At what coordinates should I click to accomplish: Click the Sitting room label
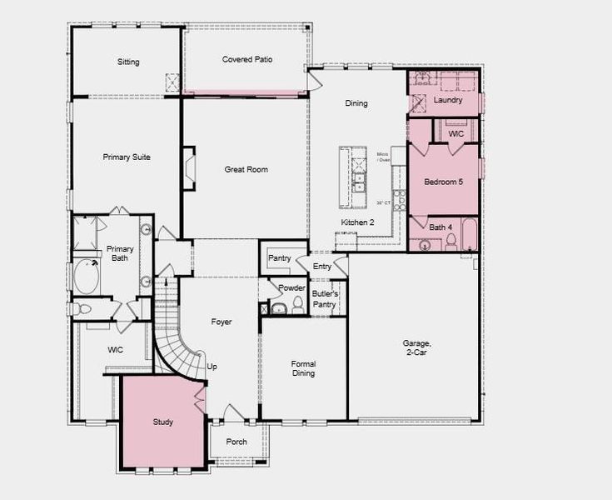pos(128,62)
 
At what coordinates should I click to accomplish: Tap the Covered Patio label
pos(247,60)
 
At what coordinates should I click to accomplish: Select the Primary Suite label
pos(127,157)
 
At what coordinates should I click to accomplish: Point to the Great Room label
pos(246,170)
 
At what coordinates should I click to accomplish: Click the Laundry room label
pos(448,101)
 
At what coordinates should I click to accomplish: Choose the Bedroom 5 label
pos(443,182)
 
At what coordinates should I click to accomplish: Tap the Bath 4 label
pos(440,227)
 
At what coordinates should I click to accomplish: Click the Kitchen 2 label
pos(358,222)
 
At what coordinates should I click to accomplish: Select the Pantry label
pos(280,258)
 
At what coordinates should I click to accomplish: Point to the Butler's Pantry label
pos(324,299)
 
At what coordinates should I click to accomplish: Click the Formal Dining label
pos(303,368)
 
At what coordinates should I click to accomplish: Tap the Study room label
pos(163,422)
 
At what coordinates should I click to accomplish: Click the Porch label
pos(236,442)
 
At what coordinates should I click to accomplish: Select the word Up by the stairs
pos(212,367)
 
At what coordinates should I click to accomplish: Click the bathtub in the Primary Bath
pos(87,277)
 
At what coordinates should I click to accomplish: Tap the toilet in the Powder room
pos(297,306)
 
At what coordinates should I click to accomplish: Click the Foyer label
pos(221,322)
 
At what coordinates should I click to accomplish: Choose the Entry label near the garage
pos(322,267)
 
